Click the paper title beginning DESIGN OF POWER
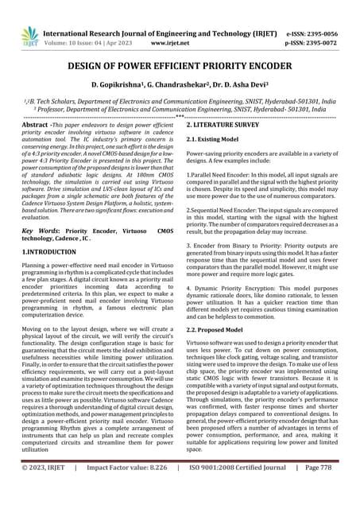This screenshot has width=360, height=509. click(180, 64)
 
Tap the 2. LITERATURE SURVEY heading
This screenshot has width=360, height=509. click(230, 126)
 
